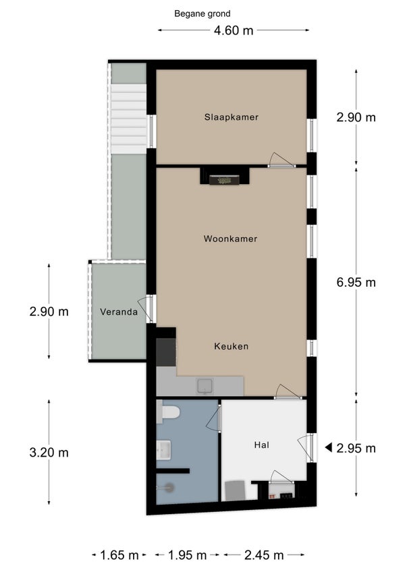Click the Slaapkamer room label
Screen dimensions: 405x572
tap(231, 117)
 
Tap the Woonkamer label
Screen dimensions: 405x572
tap(230, 239)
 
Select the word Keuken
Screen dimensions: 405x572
tap(231, 346)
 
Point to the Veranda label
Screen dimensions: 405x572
tap(119, 312)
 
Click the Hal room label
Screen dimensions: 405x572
tap(261, 445)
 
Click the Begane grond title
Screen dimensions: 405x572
tap(202, 14)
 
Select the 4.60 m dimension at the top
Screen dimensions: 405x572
tap(234, 30)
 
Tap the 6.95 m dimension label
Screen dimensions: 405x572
tap(356, 283)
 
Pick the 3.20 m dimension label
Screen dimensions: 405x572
tap(49, 453)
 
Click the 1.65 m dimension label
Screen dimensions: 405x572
tap(119, 555)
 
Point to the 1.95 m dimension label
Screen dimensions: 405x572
tap(188, 555)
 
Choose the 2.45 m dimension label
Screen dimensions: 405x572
tap(264, 555)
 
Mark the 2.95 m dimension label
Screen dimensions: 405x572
tap(356, 448)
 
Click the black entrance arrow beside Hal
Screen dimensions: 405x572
tap(328, 447)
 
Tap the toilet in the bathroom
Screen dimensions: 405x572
tap(168, 412)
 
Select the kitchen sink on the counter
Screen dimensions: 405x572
tap(205, 386)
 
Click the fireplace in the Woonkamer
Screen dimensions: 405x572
tap(224, 180)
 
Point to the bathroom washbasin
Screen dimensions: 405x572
tap(163, 449)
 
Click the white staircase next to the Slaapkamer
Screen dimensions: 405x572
tap(128, 119)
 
